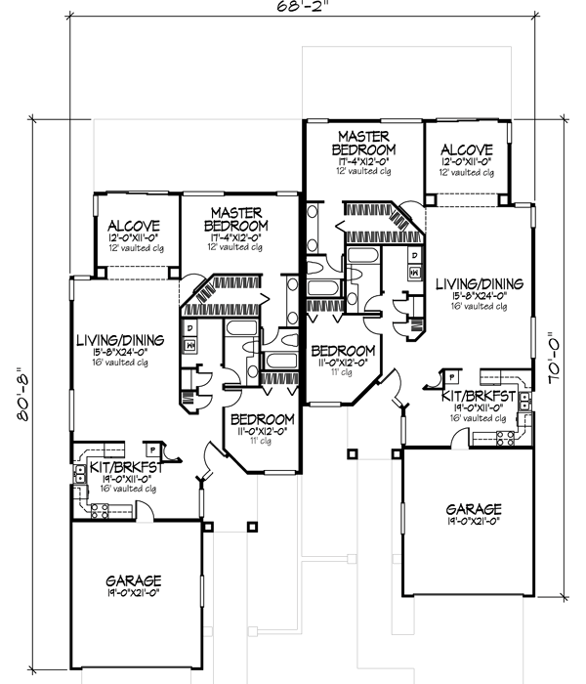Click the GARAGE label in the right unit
[x=474, y=509]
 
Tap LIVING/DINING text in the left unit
[x=120, y=341]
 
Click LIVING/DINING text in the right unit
[x=479, y=283]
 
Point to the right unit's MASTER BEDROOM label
[x=363, y=142]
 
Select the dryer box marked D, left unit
[x=189, y=327]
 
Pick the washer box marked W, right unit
[x=415, y=271]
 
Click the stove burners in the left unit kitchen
[x=98, y=510]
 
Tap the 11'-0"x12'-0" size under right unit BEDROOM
[x=340, y=362]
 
